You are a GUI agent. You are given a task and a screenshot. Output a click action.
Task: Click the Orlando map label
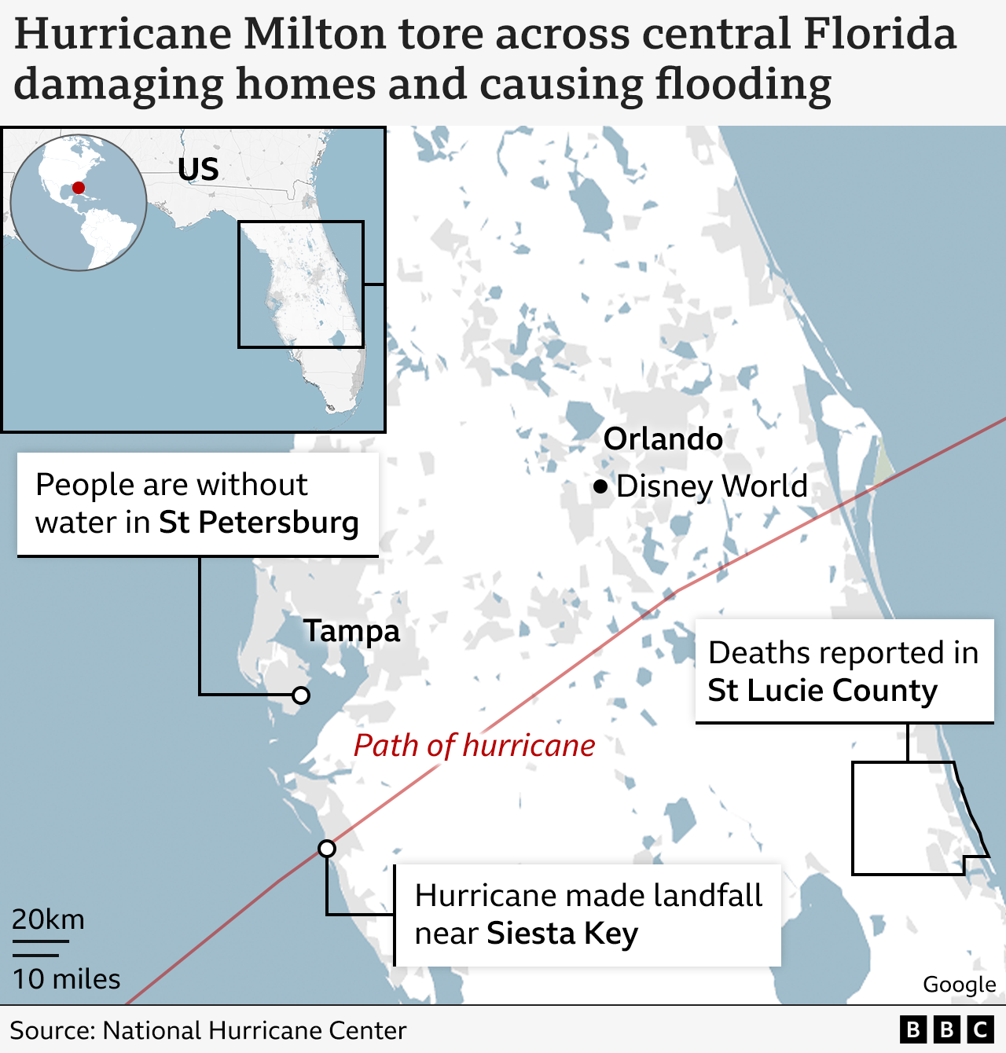coord(663,439)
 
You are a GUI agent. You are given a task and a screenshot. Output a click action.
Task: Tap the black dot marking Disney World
coord(601,487)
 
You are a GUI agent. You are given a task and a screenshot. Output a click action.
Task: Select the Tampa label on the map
coord(352,631)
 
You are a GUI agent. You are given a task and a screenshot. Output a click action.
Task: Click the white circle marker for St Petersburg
coord(301,695)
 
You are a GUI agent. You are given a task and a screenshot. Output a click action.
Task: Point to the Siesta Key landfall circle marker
coord(327,849)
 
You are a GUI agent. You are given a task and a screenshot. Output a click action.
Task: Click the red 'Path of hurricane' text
coord(474,746)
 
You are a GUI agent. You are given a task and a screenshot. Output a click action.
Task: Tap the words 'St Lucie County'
coord(822,691)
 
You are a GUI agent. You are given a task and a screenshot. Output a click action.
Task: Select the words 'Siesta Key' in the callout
coord(562,934)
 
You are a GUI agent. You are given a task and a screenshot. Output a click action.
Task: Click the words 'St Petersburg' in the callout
coord(259,523)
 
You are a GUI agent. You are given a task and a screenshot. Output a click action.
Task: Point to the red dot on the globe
coord(79,188)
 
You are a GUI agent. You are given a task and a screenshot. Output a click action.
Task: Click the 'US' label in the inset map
coord(198,170)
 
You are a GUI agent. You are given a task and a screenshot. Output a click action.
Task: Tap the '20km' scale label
coord(48,919)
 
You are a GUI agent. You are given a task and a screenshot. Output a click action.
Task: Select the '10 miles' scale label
coord(67,979)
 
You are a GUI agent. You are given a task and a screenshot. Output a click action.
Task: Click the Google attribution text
coord(959,985)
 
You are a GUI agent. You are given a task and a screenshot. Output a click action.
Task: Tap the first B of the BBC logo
coord(913,1030)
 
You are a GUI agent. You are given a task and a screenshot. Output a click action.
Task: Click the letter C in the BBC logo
coord(980,1030)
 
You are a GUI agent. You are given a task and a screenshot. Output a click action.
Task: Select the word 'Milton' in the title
coord(315,35)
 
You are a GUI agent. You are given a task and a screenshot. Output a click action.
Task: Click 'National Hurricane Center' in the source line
coord(255,1030)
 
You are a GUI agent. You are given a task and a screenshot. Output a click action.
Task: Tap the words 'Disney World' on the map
coord(711,486)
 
